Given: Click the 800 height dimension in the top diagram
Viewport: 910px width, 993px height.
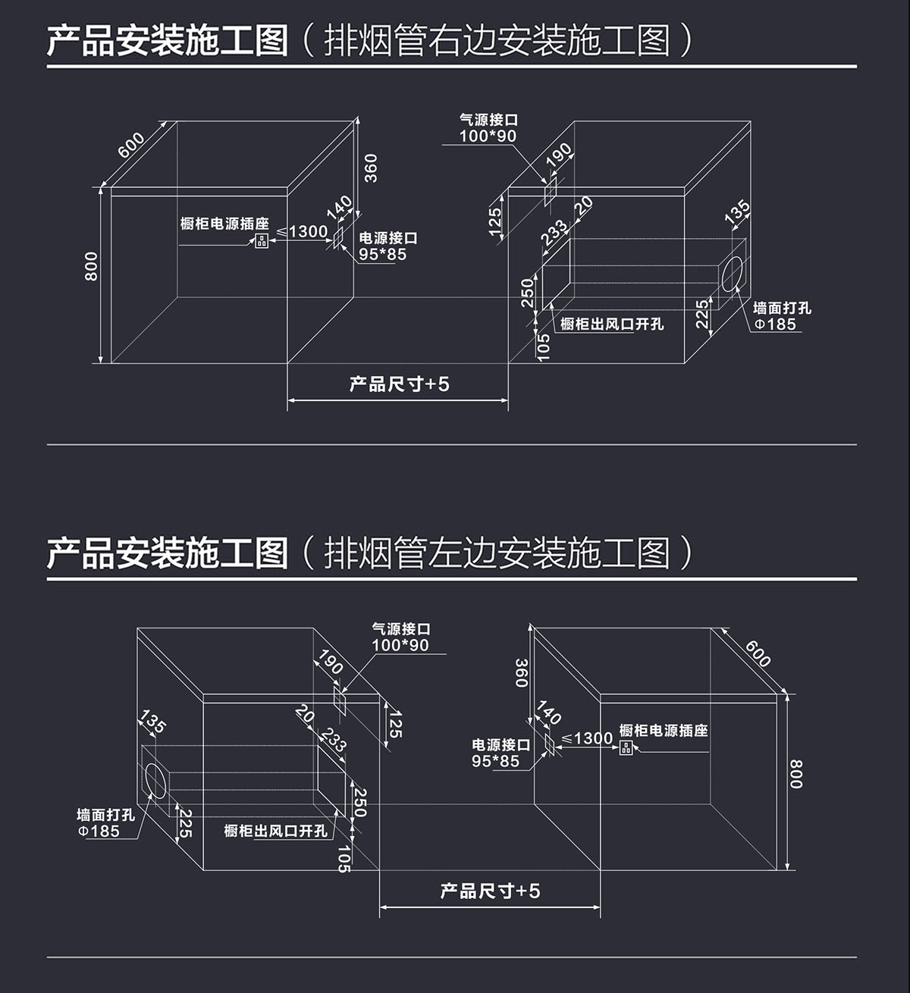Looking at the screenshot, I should (x=92, y=266).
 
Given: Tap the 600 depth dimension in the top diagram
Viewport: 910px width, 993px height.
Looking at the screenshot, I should (x=131, y=145).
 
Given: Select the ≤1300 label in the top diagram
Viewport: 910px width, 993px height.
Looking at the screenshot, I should (x=303, y=231).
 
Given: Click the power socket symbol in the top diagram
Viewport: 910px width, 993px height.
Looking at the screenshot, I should (x=262, y=241).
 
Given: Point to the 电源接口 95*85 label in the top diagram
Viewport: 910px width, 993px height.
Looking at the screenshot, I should (x=388, y=246).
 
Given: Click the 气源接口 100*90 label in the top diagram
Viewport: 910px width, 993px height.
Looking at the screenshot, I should (x=488, y=128).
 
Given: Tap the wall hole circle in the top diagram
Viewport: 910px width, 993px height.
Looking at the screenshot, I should (x=733, y=274).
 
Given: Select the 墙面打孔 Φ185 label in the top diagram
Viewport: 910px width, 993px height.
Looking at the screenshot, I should (x=781, y=316).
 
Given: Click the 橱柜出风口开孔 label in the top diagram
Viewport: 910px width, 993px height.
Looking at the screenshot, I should (x=612, y=324).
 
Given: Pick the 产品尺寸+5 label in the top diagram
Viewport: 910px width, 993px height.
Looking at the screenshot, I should (x=399, y=384).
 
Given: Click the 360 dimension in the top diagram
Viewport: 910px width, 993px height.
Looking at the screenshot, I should (x=371, y=168).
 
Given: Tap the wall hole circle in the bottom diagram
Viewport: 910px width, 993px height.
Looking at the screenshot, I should (x=155, y=781).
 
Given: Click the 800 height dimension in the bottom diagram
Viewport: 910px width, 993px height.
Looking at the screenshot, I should (x=795, y=774).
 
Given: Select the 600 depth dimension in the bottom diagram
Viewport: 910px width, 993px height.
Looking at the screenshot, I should (x=757, y=653).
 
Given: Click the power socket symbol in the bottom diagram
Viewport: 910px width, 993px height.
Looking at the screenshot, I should (x=626, y=748).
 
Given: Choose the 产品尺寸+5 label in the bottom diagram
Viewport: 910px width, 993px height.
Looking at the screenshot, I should (x=490, y=891).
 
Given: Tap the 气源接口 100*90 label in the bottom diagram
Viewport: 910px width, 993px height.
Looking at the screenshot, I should (x=400, y=637).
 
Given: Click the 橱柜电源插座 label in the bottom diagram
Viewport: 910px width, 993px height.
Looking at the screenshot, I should (x=664, y=731).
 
